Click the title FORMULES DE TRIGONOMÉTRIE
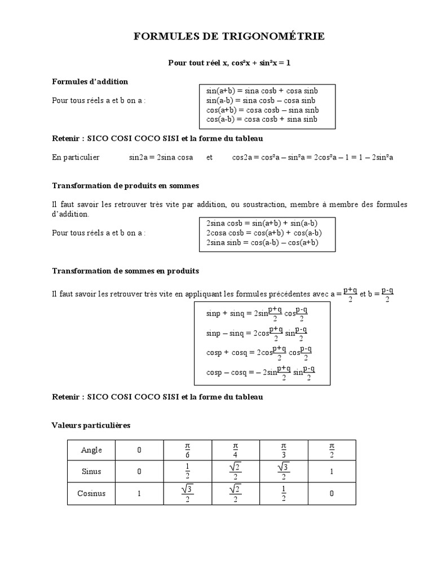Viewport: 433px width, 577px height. click(x=229, y=37)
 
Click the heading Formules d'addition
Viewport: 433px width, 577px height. click(x=90, y=82)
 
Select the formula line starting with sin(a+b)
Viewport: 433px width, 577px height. click(x=262, y=90)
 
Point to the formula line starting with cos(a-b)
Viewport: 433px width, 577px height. click(x=262, y=119)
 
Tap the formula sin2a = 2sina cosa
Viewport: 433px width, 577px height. click(x=161, y=158)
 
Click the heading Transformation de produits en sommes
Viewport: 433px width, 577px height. click(x=125, y=185)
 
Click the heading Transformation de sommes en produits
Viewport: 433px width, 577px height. click(x=125, y=271)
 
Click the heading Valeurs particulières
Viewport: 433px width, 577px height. click(x=91, y=425)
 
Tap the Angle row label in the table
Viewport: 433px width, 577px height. click(x=92, y=450)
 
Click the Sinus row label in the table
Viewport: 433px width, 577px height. click(x=92, y=472)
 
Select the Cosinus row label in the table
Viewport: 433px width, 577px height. click(x=92, y=494)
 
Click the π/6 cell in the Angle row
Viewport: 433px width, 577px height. click(x=187, y=450)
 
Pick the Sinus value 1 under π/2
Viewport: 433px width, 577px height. click(x=332, y=472)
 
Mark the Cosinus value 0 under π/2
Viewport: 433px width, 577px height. click(x=332, y=494)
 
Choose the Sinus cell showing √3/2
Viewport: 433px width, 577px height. click(x=284, y=472)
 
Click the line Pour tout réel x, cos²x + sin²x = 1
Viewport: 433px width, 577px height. click(x=229, y=63)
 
